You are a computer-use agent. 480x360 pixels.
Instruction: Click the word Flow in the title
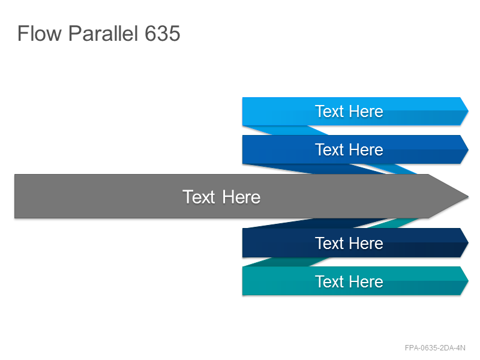40,33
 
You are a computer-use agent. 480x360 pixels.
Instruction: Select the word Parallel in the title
103,33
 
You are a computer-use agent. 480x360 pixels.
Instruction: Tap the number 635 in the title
162,33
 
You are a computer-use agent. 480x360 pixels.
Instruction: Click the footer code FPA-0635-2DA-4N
435,348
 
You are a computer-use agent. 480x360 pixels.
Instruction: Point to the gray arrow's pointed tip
468,196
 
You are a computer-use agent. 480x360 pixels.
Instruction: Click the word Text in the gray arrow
199,197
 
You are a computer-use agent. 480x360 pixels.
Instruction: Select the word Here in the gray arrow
241,197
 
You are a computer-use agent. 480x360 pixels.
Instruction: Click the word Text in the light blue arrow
329,111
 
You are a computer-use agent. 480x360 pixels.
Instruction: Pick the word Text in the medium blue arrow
329,149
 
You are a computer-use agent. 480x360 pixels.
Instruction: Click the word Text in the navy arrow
329,244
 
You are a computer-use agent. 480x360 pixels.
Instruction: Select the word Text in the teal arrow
329,281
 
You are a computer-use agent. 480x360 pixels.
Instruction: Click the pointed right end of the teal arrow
468,281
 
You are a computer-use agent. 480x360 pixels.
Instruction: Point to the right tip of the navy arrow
468,242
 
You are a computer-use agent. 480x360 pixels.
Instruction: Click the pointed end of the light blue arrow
468,111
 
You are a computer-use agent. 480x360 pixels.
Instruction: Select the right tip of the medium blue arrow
468,149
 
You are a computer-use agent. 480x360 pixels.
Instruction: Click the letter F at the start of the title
22,33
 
